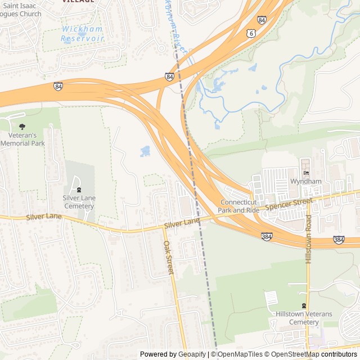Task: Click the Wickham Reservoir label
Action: point(83,33)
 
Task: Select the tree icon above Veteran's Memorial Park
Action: point(22,127)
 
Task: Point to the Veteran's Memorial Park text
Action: point(22,139)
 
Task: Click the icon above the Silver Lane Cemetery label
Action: point(79,190)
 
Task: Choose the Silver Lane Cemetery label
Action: point(79,202)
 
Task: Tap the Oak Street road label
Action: point(168,258)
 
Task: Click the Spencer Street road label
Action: point(289,204)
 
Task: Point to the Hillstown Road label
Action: point(308,239)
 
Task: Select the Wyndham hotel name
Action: point(305,182)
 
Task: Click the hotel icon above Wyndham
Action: point(305,172)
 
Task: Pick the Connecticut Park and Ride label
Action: point(240,206)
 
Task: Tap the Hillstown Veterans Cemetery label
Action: point(304,318)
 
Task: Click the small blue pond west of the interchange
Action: point(145,151)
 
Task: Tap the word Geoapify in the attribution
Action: point(193,354)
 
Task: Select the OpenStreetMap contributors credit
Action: point(314,354)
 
